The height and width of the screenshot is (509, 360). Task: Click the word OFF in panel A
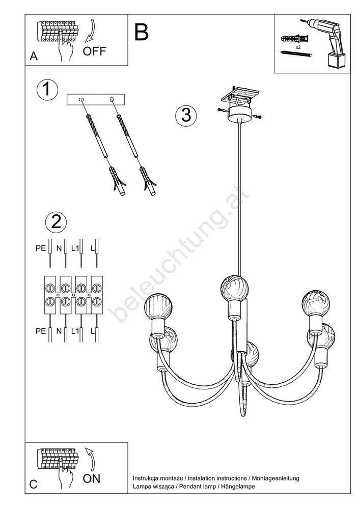94,51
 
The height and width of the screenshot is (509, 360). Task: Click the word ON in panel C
92,478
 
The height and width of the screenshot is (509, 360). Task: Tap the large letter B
142,32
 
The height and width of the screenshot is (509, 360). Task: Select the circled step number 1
47,90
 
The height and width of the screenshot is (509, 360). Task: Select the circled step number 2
56,222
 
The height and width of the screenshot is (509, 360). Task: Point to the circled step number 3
186,115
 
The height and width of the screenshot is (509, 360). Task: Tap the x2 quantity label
298,47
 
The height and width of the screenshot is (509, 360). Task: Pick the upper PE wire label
41,248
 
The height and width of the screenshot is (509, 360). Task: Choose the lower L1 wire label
75,331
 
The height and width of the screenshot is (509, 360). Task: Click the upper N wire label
59,248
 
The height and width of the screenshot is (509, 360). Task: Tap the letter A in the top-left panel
34,56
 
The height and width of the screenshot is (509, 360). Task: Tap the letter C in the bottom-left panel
34,485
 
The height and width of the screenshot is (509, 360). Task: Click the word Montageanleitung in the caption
275,478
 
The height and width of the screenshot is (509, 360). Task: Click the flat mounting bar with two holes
95,99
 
